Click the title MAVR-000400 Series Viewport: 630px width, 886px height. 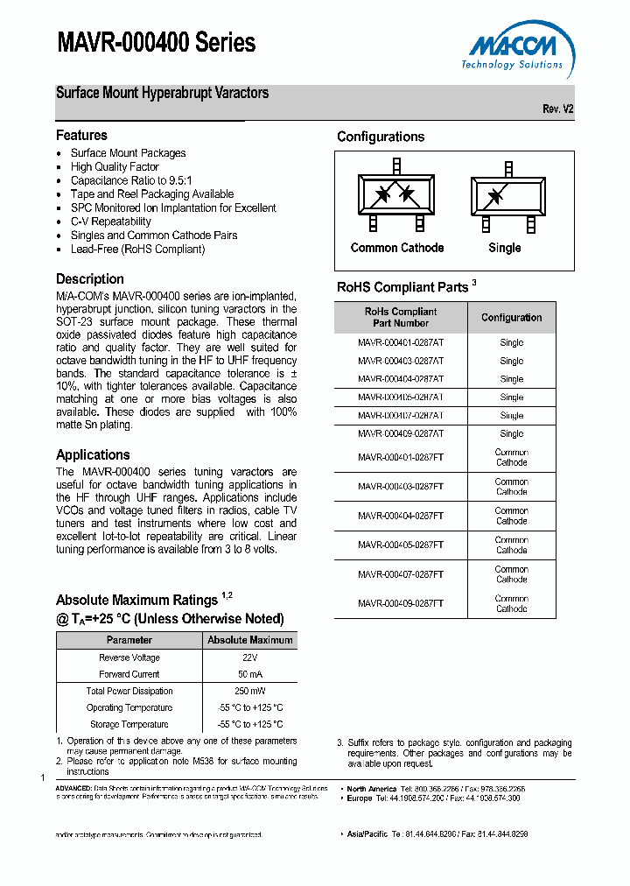(x=156, y=43)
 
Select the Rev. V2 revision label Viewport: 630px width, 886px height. (x=557, y=109)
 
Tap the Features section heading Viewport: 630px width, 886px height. (x=81, y=136)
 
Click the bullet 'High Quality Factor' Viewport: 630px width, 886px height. (x=115, y=166)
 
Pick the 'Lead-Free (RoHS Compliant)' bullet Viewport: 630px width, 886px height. (x=137, y=249)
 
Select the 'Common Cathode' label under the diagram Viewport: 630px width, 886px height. (x=396, y=248)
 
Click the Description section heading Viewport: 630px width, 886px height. (x=89, y=279)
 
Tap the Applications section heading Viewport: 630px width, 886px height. (x=93, y=454)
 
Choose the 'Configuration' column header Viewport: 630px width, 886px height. (x=511, y=318)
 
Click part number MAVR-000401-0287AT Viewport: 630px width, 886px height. (x=400, y=342)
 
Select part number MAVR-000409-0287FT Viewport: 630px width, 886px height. (x=400, y=603)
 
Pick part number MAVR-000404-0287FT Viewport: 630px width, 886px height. (x=400, y=516)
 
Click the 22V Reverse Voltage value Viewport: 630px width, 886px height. (x=250, y=657)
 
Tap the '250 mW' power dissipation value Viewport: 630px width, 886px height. (x=250, y=691)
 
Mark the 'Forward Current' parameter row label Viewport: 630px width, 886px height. (x=129, y=674)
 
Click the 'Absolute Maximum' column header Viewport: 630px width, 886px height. (x=250, y=640)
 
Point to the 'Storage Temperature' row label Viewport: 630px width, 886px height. (x=129, y=724)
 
